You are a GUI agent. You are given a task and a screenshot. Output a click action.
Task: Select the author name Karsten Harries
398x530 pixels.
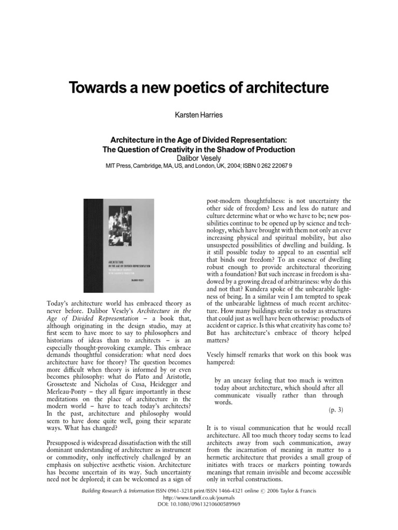[199, 113]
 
